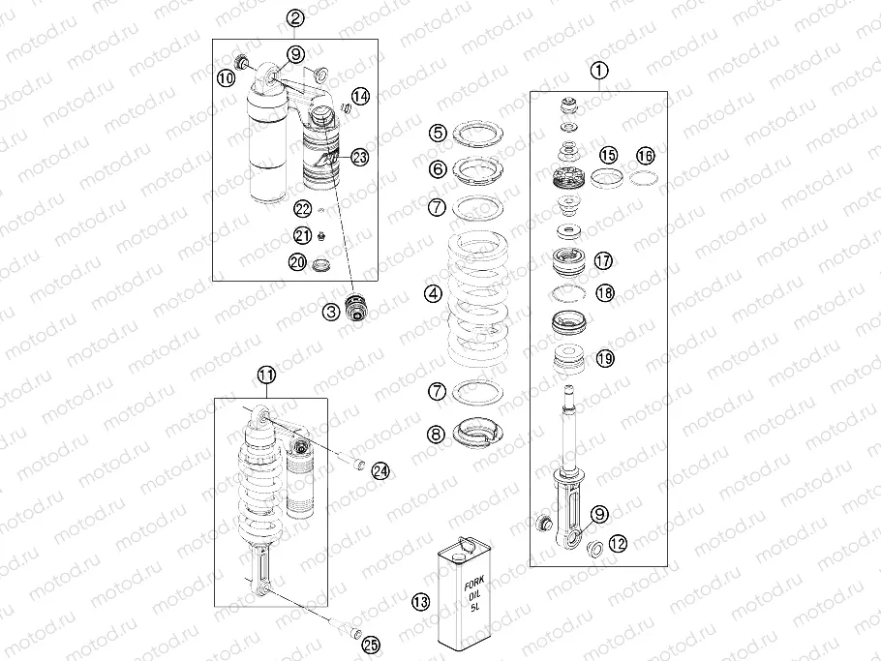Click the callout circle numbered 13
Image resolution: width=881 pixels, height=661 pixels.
pyautogui.click(x=420, y=602)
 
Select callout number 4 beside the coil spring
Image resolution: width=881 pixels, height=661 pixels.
pyautogui.click(x=433, y=293)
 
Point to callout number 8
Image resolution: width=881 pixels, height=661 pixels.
pyautogui.click(x=438, y=436)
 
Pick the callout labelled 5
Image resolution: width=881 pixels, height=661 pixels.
pyautogui.click(x=438, y=134)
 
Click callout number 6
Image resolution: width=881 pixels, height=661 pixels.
pyautogui.click(x=438, y=168)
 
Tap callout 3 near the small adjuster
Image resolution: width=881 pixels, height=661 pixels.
pyautogui.click(x=331, y=311)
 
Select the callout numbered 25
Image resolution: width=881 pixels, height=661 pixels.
pyautogui.click(x=370, y=646)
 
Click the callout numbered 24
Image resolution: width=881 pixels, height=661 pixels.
pyautogui.click(x=380, y=470)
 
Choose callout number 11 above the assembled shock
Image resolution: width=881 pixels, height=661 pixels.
pyautogui.click(x=267, y=375)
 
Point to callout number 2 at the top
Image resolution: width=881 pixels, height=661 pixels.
pyautogui.click(x=295, y=18)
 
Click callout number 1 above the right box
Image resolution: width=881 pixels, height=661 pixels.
pyautogui.click(x=599, y=71)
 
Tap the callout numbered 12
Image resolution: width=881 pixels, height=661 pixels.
pyautogui.click(x=618, y=543)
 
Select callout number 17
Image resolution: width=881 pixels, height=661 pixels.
pyautogui.click(x=603, y=260)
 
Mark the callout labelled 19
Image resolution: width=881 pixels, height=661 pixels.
pyautogui.click(x=604, y=358)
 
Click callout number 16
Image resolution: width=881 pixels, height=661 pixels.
pyautogui.click(x=645, y=156)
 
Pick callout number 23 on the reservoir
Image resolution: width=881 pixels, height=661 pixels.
pyautogui.click(x=359, y=157)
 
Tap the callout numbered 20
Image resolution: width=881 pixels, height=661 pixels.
pyautogui.click(x=297, y=261)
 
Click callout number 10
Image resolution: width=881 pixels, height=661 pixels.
pyautogui.click(x=226, y=77)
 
